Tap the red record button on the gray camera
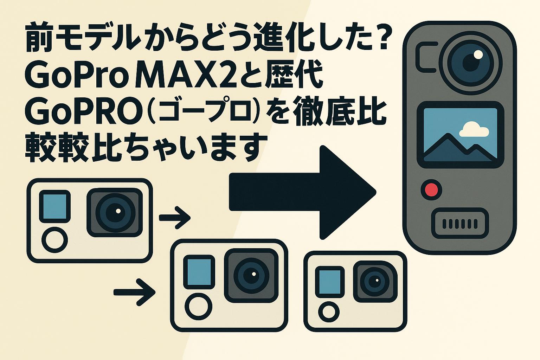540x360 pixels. click(x=431, y=189)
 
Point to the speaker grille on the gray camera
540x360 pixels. click(x=460, y=224)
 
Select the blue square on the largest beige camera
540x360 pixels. click(x=55, y=206)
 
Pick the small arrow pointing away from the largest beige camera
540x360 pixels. click(x=175, y=218)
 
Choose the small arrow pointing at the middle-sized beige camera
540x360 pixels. click(x=134, y=292)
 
